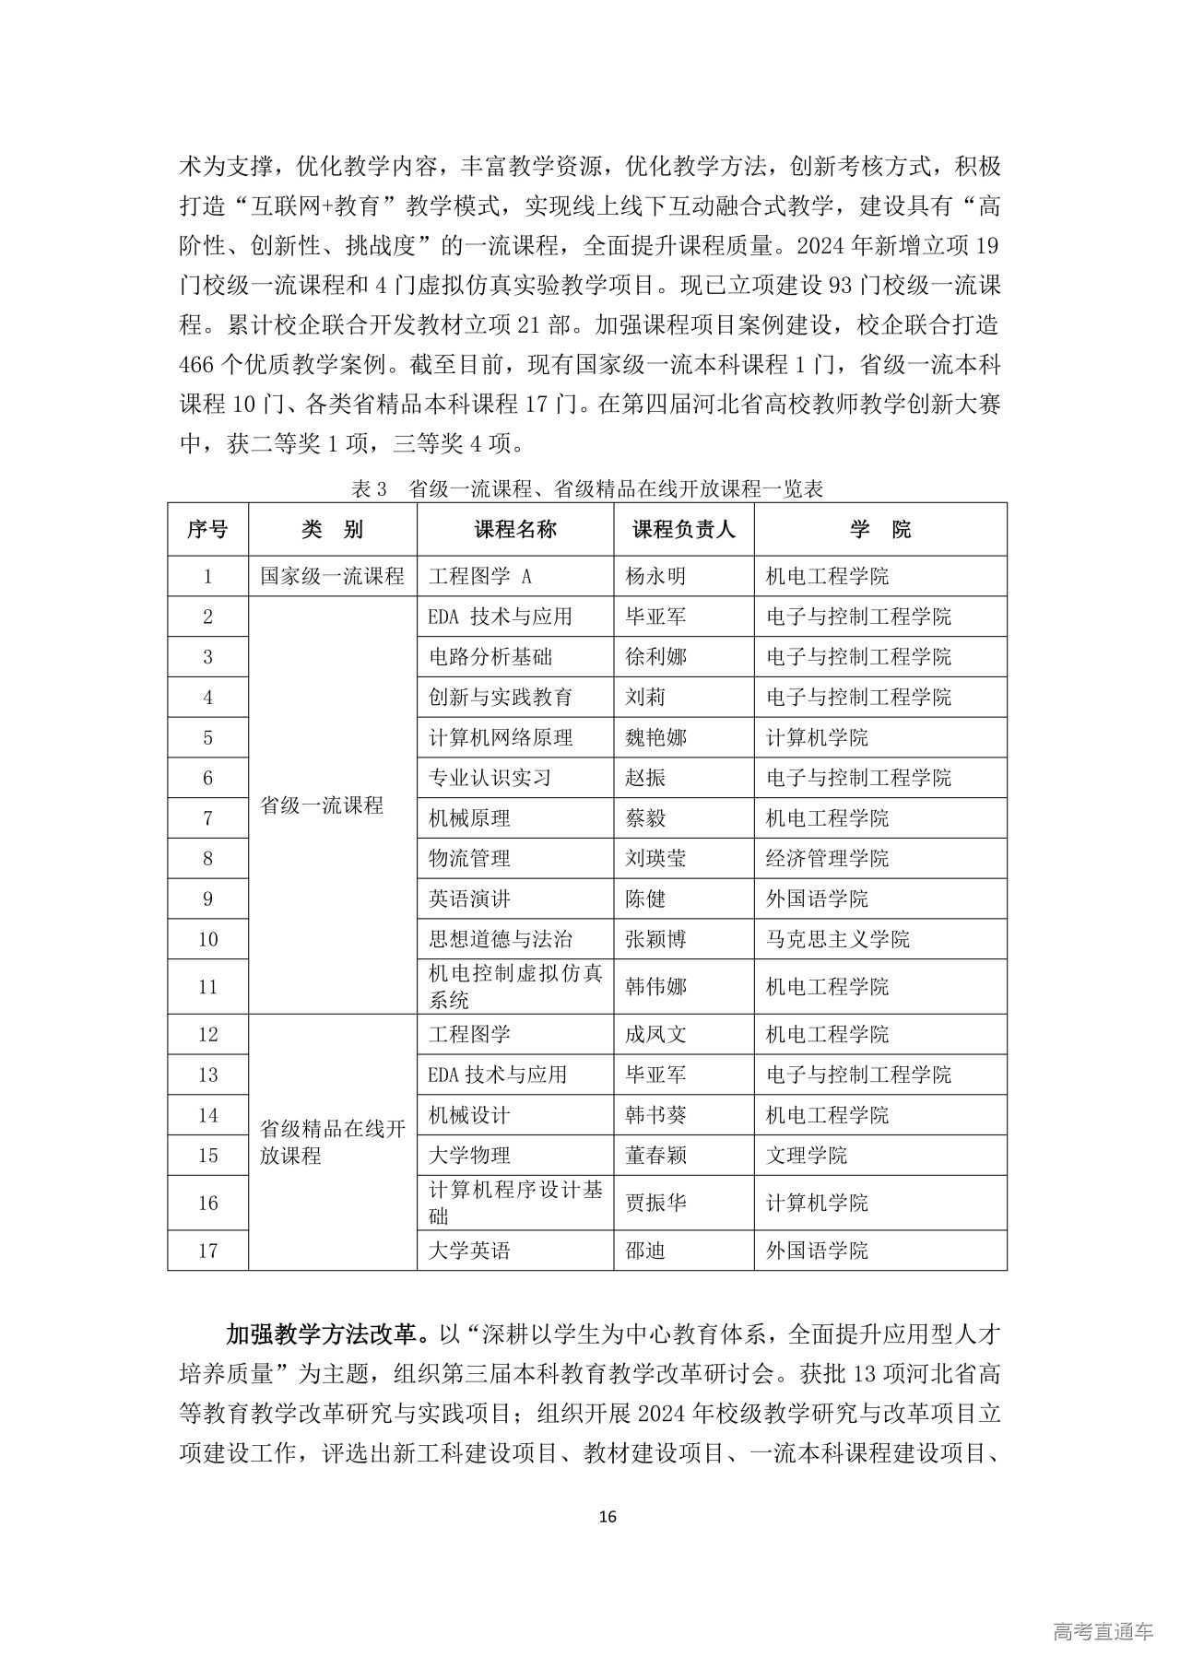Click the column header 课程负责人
click(683, 529)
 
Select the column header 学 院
click(879, 529)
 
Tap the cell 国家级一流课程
click(332, 577)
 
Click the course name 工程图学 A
click(480, 577)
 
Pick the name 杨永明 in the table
click(655, 577)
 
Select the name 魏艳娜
click(655, 738)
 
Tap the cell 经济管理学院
click(827, 859)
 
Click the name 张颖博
click(655, 940)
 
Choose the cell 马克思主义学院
click(837, 940)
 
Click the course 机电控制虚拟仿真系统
click(514, 987)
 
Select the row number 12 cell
click(207, 1035)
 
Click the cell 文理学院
click(807, 1156)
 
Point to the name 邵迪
click(645, 1251)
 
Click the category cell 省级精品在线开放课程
click(332, 1143)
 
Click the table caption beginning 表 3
click(587, 489)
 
